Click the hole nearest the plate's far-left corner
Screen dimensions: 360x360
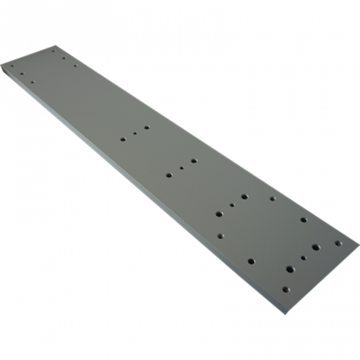click(x=12, y=64)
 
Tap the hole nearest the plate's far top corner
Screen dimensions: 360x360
click(x=54, y=50)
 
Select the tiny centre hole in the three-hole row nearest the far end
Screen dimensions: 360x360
click(x=135, y=133)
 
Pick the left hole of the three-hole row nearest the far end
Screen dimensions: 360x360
click(x=123, y=139)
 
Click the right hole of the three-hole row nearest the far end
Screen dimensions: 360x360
click(x=147, y=127)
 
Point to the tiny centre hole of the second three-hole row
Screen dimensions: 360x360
click(x=181, y=168)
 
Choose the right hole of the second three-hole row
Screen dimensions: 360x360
click(x=194, y=160)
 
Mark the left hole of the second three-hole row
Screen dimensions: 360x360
click(x=169, y=175)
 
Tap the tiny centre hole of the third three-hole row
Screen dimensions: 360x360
click(x=232, y=205)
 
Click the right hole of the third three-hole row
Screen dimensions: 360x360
click(x=244, y=196)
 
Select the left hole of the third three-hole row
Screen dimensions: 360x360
click(x=219, y=213)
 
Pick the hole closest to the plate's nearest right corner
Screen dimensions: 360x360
click(x=338, y=243)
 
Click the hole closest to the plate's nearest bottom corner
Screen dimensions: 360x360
click(x=285, y=289)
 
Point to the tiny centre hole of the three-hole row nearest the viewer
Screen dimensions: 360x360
click(x=303, y=258)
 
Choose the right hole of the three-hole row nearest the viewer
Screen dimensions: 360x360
click(x=315, y=247)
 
